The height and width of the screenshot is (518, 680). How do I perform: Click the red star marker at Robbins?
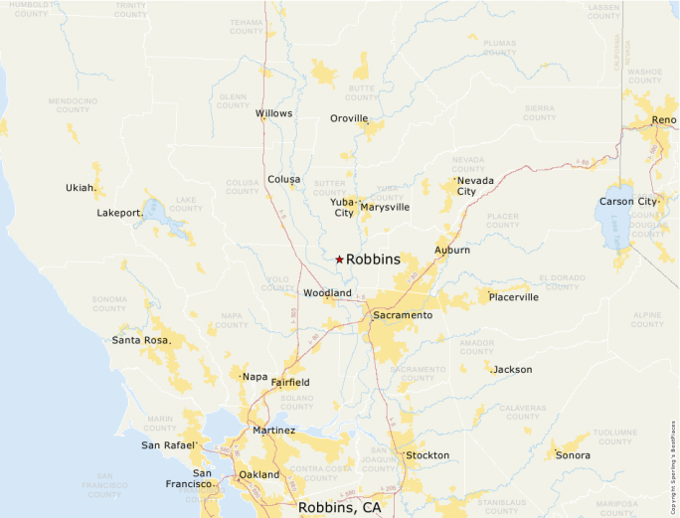(339, 259)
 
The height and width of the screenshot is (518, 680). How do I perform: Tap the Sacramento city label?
(403, 315)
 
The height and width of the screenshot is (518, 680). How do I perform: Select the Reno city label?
(663, 120)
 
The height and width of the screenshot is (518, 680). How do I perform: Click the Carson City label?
(628, 202)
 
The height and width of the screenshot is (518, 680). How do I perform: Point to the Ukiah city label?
(81, 187)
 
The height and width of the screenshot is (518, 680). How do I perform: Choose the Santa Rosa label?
(140, 340)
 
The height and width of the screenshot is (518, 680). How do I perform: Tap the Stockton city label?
(426, 455)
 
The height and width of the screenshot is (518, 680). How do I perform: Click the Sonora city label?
(573, 455)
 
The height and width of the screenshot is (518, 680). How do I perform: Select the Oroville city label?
(349, 118)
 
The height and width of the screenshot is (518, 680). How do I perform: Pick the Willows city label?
(273, 113)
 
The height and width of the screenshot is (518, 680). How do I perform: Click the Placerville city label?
(513, 296)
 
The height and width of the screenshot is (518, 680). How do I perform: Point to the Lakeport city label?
(119, 213)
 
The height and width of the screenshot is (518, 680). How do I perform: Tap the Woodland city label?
(327, 293)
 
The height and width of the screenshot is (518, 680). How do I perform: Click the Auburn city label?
(452, 250)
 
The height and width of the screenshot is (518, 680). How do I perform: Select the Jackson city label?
(513, 369)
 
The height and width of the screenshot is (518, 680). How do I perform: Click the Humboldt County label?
(31, 10)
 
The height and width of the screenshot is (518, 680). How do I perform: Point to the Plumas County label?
(500, 48)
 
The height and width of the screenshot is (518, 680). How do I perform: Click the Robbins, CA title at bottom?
(339, 507)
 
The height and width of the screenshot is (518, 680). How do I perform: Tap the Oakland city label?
(259, 474)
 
